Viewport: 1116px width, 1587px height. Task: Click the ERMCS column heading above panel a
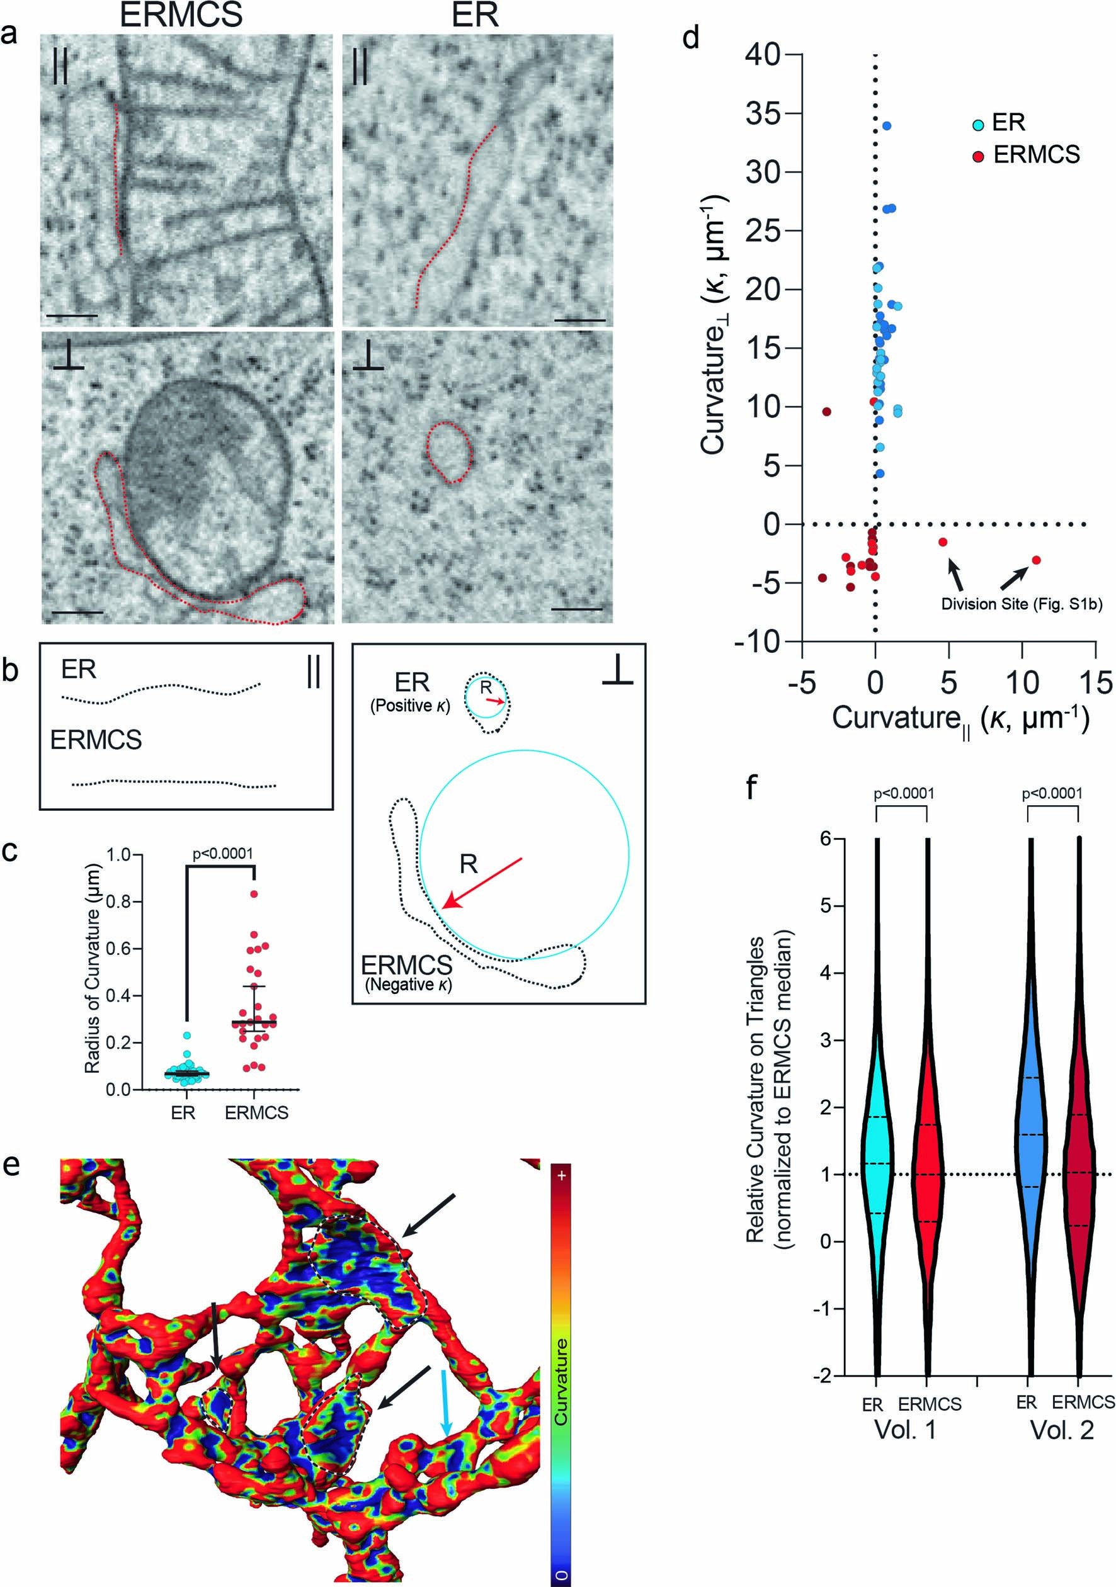click(181, 16)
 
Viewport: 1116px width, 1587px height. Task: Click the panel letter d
click(691, 38)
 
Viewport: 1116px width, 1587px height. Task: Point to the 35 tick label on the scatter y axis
click(763, 113)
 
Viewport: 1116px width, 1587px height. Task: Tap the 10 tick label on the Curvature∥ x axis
click(1022, 682)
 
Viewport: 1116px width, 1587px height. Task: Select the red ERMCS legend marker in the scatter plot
click(977, 156)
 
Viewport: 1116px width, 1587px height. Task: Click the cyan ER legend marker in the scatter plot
click(977, 125)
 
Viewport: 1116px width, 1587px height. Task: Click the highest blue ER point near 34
click(886, 126)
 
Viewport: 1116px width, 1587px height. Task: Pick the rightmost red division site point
click(1036, 560)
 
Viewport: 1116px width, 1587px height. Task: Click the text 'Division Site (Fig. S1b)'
click(1022, 604)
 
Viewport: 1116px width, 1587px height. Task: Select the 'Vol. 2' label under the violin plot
click(1062, 1430)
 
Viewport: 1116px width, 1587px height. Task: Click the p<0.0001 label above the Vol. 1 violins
click(904, 793)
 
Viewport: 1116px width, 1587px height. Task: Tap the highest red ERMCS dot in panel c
click(254, 894)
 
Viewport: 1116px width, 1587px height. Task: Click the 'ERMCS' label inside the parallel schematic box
click(96, 740)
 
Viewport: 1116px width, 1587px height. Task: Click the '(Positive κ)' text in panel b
click(410, 706)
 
